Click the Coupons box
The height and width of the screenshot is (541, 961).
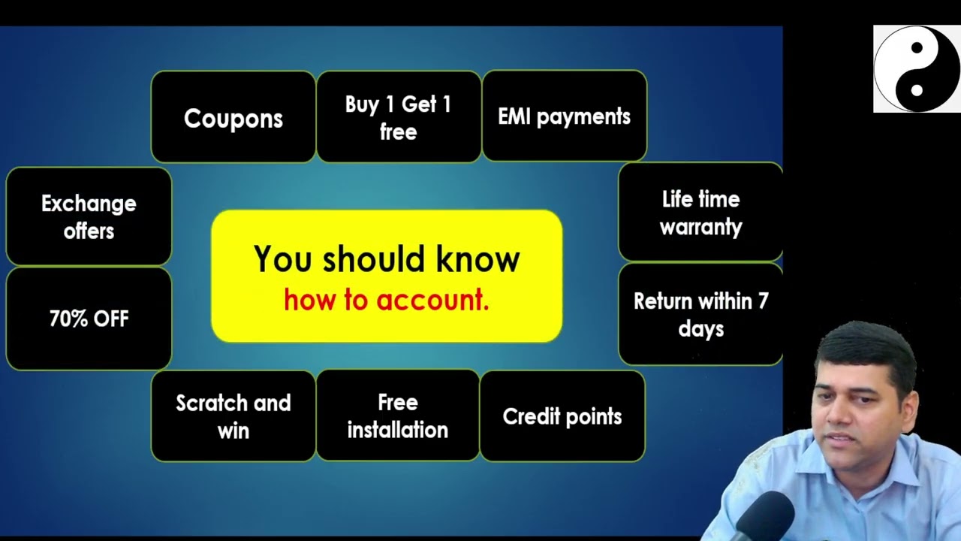coord(233,118)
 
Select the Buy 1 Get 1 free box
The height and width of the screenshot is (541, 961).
coord(399,117)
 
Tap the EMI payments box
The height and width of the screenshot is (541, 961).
coord(564,116)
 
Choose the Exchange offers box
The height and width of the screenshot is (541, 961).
coord(89,216)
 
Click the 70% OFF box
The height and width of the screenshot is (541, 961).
coord(89,319)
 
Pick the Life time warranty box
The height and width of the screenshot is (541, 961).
coord(700,213)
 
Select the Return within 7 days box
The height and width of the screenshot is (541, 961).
coord(700,314)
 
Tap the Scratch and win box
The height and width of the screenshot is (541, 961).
coord(233,416)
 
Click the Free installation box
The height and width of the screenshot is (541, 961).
coord(398,416)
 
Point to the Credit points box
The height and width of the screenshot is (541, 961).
coord(562,416)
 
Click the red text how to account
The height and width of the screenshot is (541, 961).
coord(387,300)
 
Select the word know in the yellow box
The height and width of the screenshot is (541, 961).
coord(478,260)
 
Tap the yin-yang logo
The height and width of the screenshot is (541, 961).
coord(916,69)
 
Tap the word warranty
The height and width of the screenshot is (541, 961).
coord(700,227)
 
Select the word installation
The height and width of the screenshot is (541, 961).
coord(398,430)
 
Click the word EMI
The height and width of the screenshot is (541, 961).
coord(514,116)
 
